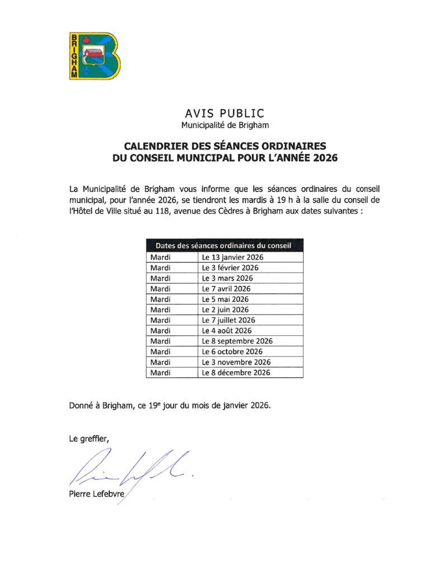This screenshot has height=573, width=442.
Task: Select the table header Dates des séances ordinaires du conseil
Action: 225,246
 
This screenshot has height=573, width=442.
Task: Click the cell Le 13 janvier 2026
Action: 232,257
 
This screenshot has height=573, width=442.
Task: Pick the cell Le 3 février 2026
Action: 230,268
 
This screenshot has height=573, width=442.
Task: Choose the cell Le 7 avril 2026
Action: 226,289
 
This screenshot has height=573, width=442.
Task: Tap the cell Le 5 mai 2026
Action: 225,299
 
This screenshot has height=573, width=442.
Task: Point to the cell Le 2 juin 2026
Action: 225,309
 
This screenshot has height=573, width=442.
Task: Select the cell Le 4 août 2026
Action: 227,331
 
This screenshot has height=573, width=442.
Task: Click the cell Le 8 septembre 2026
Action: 237,341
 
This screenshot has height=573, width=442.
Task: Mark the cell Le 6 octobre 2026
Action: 232,351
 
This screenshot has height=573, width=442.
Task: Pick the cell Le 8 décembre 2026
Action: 236,373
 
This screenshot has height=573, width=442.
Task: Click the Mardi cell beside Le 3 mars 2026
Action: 161,278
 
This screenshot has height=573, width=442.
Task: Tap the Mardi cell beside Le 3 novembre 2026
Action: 161,362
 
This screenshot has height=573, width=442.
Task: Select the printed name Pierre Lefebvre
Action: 96,494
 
